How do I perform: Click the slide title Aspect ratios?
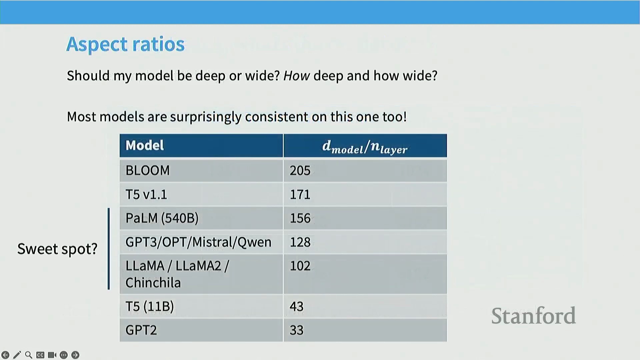coord(125,44)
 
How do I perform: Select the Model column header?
coord(145,145)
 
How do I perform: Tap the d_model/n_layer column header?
coord(365,147)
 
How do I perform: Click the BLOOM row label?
coord(147,170)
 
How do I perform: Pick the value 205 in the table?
coord(300,170)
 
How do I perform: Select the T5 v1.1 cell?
coord(146,194)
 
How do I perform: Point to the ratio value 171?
coord(300,194)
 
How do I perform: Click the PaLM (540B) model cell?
coord(162,218)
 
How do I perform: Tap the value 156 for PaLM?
coord(300,218)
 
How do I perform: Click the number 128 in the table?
coord(300,242)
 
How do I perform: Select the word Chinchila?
coord(153,283)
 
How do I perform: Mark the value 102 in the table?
coord(300,266)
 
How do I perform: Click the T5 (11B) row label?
coord(150,306)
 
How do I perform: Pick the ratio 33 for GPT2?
coord(297,330)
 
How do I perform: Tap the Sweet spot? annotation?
coord(57,249)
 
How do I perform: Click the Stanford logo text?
coord(533,316)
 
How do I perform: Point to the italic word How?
coord(296,76)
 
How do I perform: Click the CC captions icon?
coord(40,355)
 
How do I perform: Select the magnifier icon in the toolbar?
coord(29,355)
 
